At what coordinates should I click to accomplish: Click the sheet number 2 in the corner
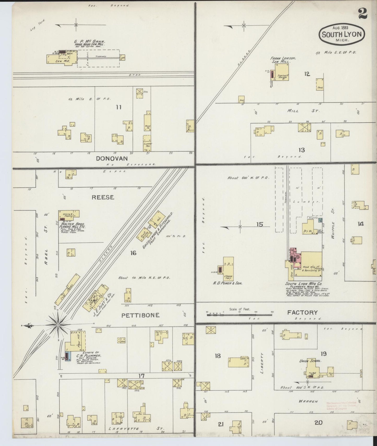pyautogui.click(x=362, y=14)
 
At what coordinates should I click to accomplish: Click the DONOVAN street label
pyautogui.click(x=112, y=158)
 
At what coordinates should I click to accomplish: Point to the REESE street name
pyautogui.click(x=103, y=197)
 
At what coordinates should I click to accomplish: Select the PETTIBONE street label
pyautogui.click(x=140, y=315)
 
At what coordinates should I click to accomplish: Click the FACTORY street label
pyautogui.click(x=302, y=312)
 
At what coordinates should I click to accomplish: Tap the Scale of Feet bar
pyautogui.click(x=240, y=315)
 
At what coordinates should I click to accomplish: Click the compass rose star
pyautogui.click(x=58, y=325)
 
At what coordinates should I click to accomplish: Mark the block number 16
pyautogui.click(x=133, y=253)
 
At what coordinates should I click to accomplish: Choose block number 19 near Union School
pyautogui.click(x=324, y=354)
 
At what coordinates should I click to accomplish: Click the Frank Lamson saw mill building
pyautogui.click(x=282, y=72)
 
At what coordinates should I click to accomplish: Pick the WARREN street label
pyautogui.click(x=308, y=401)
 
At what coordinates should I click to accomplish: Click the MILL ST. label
pyautogui.click(x=303, y=111)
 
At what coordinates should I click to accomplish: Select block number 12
pyautogui.click(x=307, y=74)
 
